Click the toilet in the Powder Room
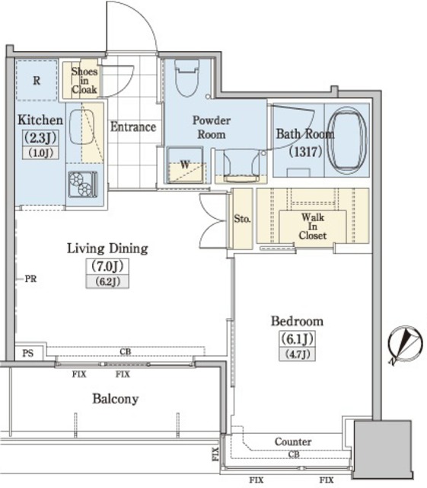click(x=186, y=78)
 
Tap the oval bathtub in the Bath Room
click(x=347, y=140)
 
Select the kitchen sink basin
click(x=81, y=127)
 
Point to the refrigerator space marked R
click(x=37, y=80)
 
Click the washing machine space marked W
click(x=185, y=165)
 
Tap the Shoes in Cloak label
click(x=84, y=80)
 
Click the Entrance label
click(x=133, y=127)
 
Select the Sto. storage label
click(x=242, y=219)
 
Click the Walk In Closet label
click(x=313, y=226)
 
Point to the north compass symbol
click(x=405, y=345)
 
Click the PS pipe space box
click(x=29, y=352)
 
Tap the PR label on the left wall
click(x=30, y=278)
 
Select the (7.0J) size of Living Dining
click(x=107, y=266)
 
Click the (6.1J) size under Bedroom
click(x=298, y=339)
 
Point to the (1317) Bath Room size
click(x=305, y=152)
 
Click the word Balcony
click(x=115, y=399)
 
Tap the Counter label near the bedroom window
click(x=293, y=441)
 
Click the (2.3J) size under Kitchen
click(x=40, y=137)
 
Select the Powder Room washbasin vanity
click(x=241, y=165)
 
